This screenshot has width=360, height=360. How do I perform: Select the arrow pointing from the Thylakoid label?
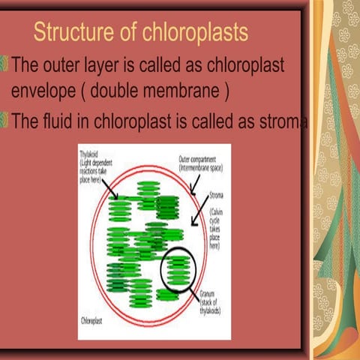point(112,189)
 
